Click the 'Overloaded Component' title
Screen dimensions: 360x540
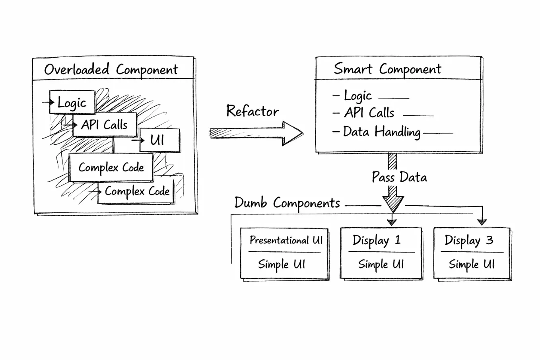pos(111,70)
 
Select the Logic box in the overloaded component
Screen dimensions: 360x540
pos(72,103)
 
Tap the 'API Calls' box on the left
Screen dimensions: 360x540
pos(105,125)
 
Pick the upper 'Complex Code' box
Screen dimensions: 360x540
pos(111,167)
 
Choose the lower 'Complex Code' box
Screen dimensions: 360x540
pos(137,192)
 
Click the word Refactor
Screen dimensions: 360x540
pos(253,111)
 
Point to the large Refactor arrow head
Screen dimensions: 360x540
pos(292,133)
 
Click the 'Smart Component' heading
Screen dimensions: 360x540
pos(387,69)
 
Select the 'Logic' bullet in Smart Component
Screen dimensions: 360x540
pos(357,96)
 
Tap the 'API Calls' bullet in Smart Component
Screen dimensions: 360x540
pos(369,113)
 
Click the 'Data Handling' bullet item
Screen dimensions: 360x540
pos(381,132)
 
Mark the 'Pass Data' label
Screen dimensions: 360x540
pos(399,177)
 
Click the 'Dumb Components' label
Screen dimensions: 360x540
pos(287,203)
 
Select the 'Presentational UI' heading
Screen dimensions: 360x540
pos(286,240)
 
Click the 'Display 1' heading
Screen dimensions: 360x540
pos(377,240)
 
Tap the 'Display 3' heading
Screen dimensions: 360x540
pos(469,240)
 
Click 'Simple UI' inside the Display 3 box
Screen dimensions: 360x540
pos(472,264)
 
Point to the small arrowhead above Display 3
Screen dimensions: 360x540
pos(482,222)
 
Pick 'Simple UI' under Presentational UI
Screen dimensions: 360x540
pos(282,264)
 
